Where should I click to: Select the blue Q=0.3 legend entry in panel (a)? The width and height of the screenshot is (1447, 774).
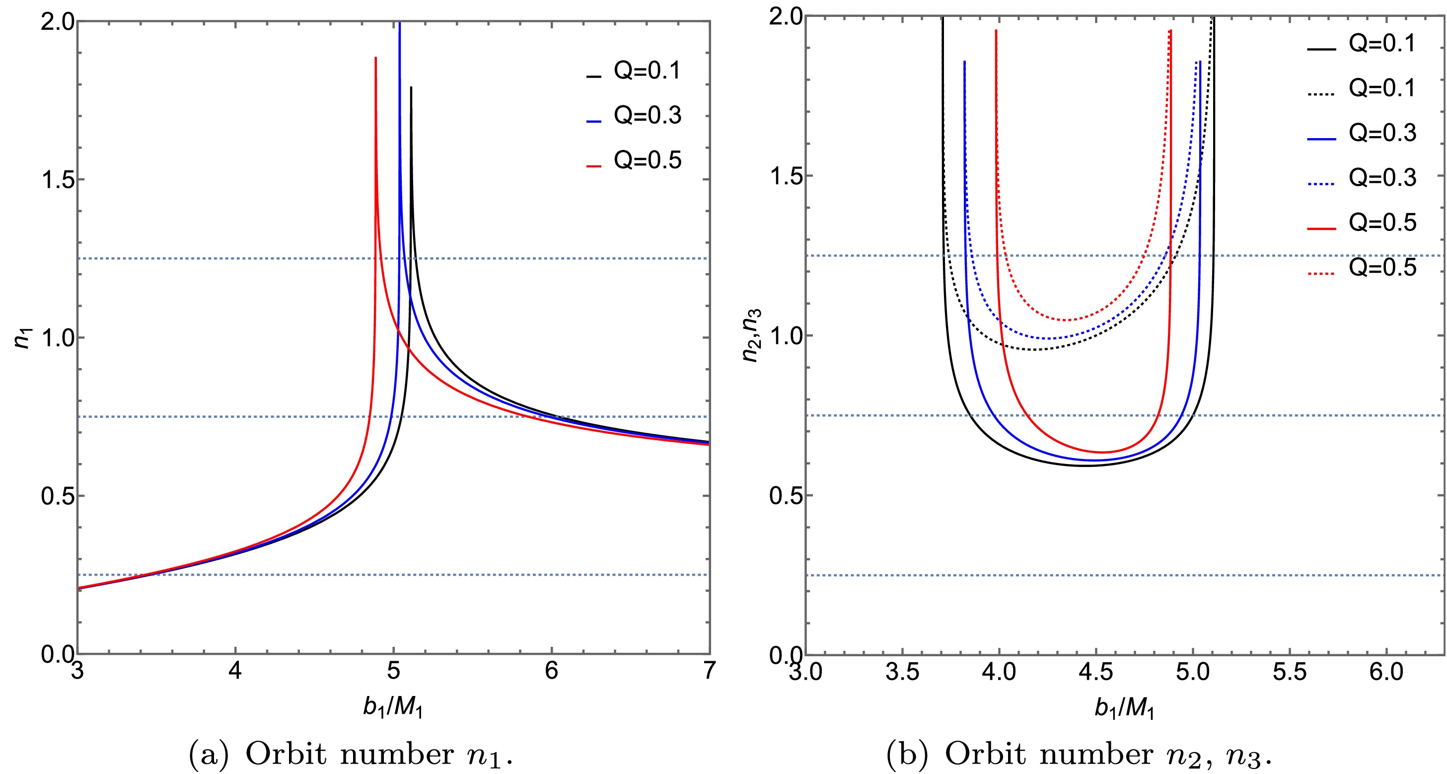click(634, 116)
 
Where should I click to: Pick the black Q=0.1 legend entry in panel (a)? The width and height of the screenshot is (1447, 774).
click(634, 72)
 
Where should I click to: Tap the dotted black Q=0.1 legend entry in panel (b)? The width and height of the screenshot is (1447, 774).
click(1361, 89)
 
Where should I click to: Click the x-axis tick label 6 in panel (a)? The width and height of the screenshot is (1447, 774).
click(552, 671)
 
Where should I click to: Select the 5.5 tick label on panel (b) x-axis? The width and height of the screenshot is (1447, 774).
click(1289, 672)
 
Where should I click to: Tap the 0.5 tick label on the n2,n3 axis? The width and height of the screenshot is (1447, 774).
click(785, 496)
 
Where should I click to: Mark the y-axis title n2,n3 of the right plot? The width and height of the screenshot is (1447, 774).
click(752, 335)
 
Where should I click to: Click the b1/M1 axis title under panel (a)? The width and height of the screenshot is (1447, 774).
click(393, 707)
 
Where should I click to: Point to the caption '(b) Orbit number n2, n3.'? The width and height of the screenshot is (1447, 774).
click(1079, 754)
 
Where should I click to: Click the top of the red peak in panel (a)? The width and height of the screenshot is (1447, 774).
click(375, 58)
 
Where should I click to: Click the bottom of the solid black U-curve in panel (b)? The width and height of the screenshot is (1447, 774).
click(1085, 465)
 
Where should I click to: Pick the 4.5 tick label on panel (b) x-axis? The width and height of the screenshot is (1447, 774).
click(1095, 672)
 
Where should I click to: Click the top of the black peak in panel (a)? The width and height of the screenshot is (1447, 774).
click(411, 88)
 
